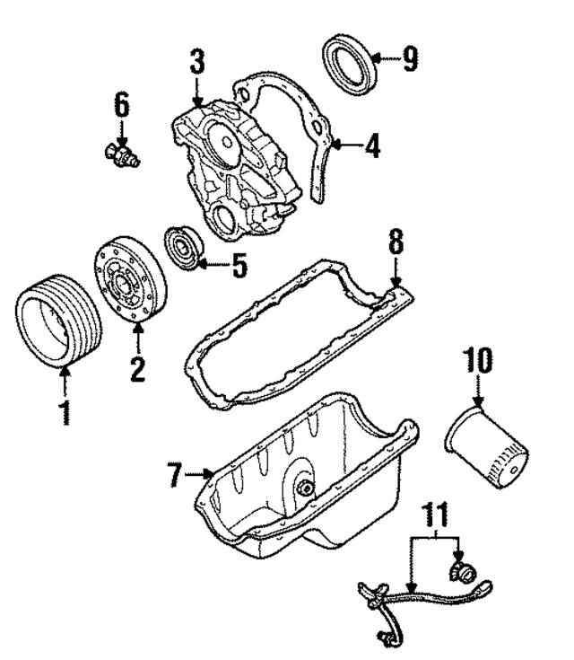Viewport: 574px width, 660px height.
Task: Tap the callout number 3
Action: point(197,64)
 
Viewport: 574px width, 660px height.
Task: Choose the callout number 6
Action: point(121,104)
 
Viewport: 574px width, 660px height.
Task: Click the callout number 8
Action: point(396,242)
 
